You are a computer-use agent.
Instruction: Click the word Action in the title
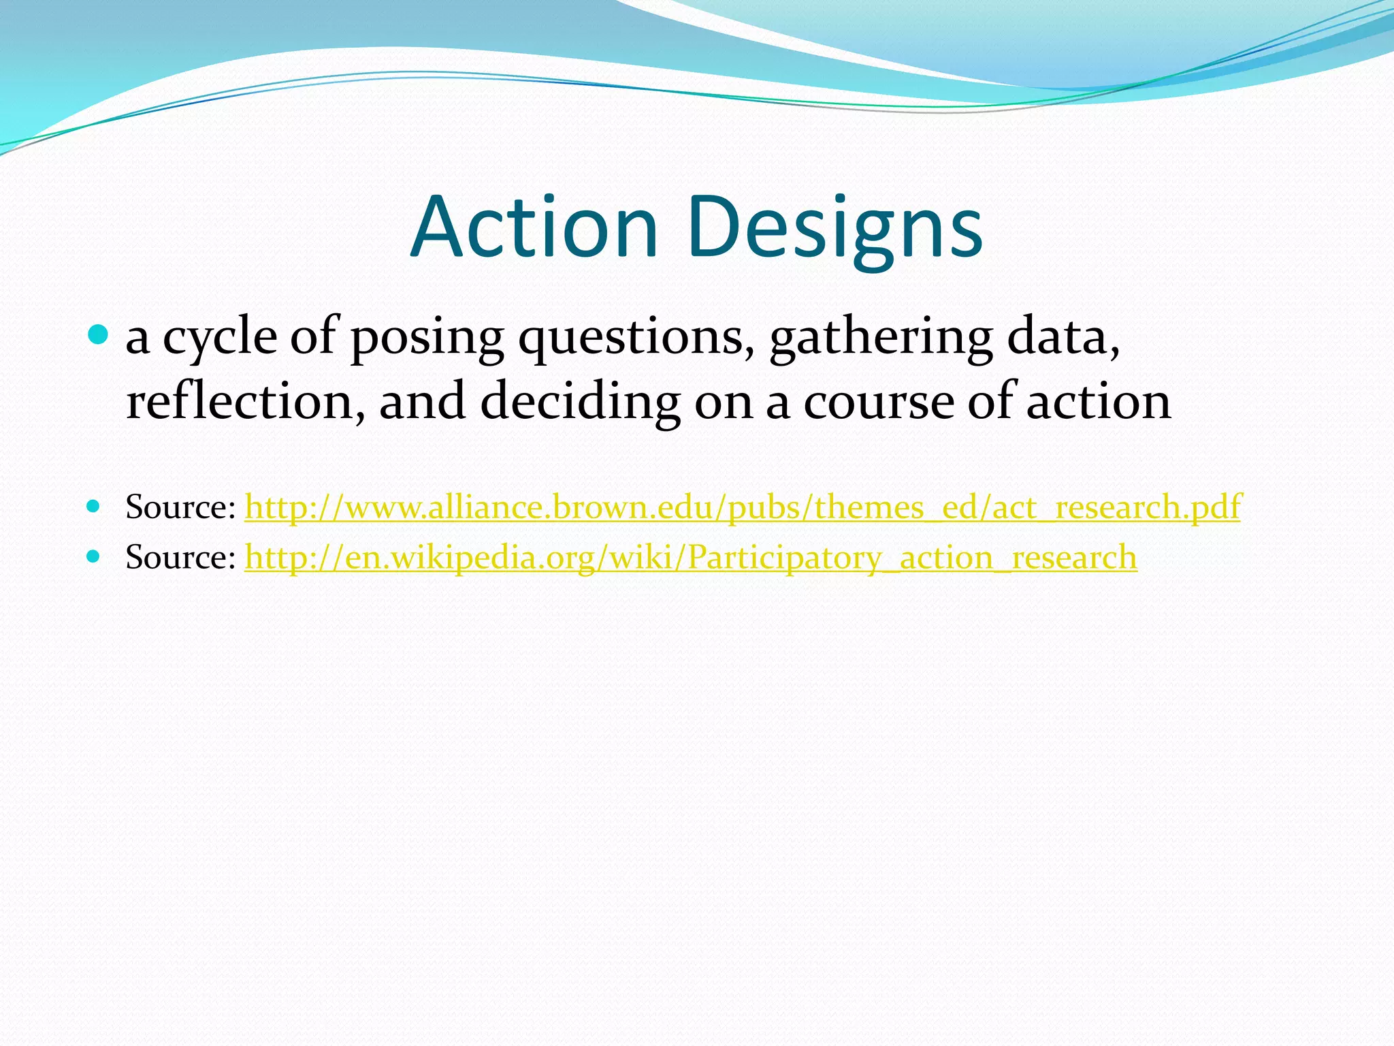pyautogui.click(x=534, y=227)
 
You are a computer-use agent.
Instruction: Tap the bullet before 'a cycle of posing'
pyautogui.click(x=99, y=334)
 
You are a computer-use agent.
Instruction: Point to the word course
pyautogui.click(x=878, y=402)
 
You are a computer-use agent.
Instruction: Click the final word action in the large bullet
pyautogui.click(x=1099, y=402)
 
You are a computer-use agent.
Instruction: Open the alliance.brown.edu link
pyautogui.click(x=742, y=507)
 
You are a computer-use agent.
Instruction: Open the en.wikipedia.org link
pyautogui.click(x=690, y=558)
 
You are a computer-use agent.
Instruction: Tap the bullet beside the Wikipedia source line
pyautogui.click(x=94, y=556)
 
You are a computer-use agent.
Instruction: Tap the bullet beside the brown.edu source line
pyautogui.click(x=94, y=506)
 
